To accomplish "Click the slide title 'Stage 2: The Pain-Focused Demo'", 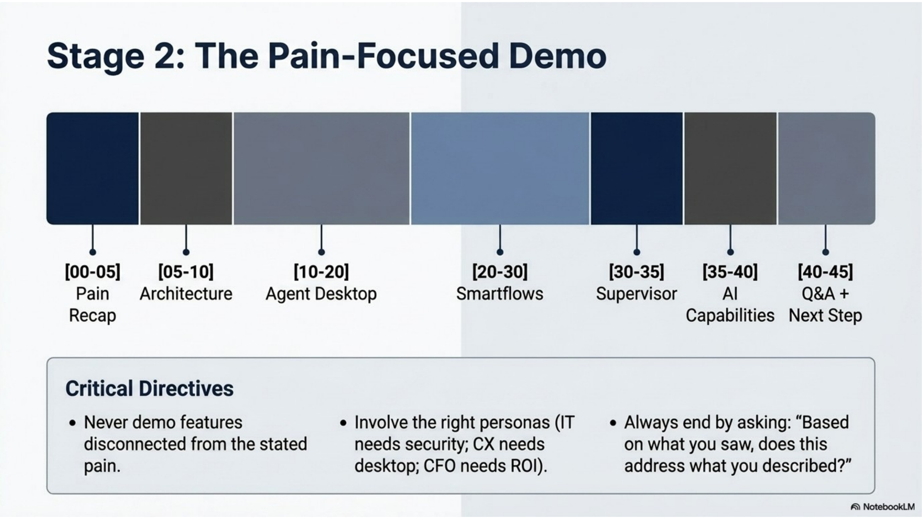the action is coord(327,56).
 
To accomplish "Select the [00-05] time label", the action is coord(93,272).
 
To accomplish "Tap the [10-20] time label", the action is coord(321,272).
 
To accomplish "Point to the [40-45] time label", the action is coord(825,272).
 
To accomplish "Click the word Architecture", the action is coord(186,294).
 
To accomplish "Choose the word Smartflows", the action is coord(500,294).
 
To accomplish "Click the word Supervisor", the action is coord(636,294).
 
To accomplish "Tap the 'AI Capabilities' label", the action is coord(730,305).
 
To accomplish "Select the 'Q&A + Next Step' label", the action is coord(825,305).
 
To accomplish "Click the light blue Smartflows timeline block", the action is coord(500,169).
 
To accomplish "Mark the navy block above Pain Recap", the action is coord(93,169).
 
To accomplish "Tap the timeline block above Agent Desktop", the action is coord(321,169).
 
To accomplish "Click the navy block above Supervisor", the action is coord(636,169).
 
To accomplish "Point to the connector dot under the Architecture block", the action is coord(186,252).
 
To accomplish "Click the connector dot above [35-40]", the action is coord(730,252).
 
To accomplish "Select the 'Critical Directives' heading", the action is coord(149,389).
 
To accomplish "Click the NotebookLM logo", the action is coord(883,507).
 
